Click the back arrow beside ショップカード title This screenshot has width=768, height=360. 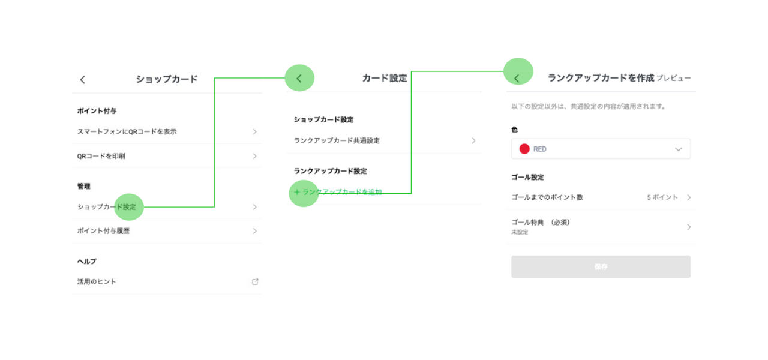tap(83, 80)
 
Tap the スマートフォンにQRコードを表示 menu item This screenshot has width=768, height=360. tap(127, 131)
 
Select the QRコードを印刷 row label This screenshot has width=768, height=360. tap(101, 156)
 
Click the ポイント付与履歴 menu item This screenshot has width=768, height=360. tap(103, 231)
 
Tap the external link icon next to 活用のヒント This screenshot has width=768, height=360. tap(255, 281)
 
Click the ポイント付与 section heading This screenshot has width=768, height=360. tap(97, 111)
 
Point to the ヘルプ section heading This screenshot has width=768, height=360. tap(86, 262)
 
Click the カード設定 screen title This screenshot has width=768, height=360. tap(385, 78)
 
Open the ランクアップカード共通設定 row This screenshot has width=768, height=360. tap(337, 140)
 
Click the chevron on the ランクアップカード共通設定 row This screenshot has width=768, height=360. tap(473, 140)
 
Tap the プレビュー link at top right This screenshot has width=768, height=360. tap(673, 78)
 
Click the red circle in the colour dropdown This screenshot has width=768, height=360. tap(524, 149)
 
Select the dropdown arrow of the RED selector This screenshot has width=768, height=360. tap(678, 149)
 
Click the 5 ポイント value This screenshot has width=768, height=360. tap(662, 197)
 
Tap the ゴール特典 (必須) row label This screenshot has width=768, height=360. tap(542, 222)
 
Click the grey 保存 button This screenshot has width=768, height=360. tap(601, 267)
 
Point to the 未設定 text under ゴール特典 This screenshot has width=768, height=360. tap(520, 232)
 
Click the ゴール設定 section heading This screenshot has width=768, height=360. tap(527, 178)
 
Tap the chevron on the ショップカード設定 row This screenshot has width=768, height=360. tap(254, 207)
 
